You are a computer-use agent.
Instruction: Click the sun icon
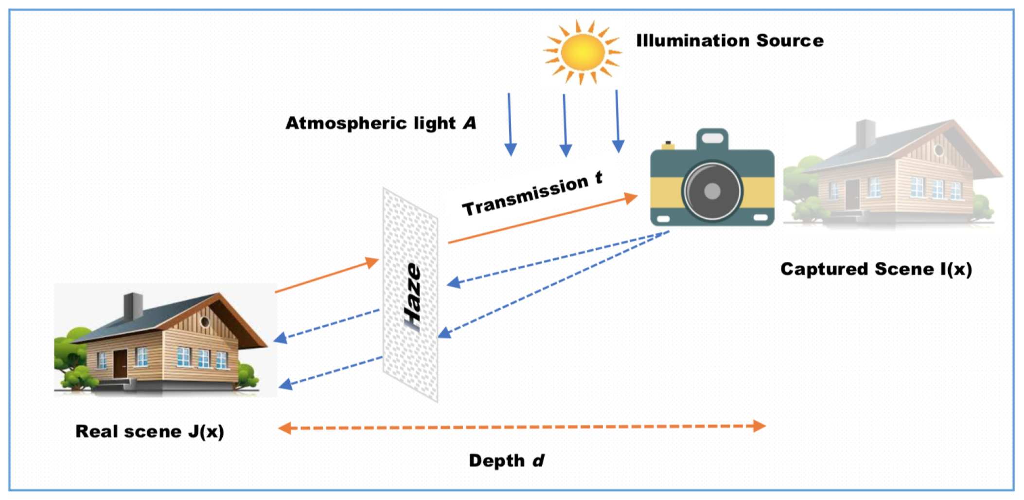pyautogui.click(x=582, y=52)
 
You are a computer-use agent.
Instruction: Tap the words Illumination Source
pyautogui.click(x=729, y=40)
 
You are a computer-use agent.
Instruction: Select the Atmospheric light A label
pyautogui.click(x=380, y=123)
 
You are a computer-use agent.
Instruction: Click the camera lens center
pyautogui.click(x=712, y=191)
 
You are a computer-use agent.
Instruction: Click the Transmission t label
pyautogui.click(x=532, y=193)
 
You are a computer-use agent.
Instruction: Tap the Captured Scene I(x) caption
pyautogui.click(x=876, y=269)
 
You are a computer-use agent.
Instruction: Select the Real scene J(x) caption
pyautogui.click(x=149, y=431)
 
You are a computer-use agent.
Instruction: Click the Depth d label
pyautogui.click(x=506, y=461)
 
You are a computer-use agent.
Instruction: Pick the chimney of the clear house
pyautogui.click(x=133, y=306)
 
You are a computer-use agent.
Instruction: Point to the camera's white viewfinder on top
pyautogui.click(x=712, y=138)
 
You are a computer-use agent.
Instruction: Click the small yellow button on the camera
pyautogui.click(x=668, y=145)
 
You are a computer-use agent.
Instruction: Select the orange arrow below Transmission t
pyautogui.click(x=542, y=220)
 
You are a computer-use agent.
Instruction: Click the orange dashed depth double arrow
pyautogui.click(x=521, y=427)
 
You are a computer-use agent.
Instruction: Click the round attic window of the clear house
pyautogui.click(x=205, y=322)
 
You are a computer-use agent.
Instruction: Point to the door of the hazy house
pyautogui.click(x=852, y=194)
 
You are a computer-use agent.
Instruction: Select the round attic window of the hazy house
pyautogui.click(x=938, y=149)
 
